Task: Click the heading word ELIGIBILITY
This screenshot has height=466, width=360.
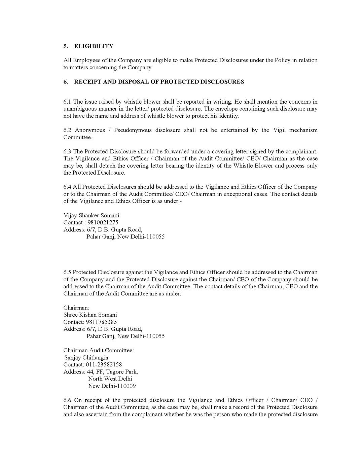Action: pos(94,46)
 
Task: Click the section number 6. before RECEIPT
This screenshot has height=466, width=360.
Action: pos(66,82)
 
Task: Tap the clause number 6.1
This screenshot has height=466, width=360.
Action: pos(67,102)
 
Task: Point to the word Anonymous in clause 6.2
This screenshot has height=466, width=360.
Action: pos(90,130)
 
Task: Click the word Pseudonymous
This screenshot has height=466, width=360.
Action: pos(133,130)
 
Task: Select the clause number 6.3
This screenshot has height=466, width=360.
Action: pos(67,151)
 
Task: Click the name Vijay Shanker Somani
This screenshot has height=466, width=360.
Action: pos(91,215)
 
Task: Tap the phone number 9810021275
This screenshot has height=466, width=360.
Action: pos(102,222)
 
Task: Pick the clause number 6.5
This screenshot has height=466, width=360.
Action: pos(67,272)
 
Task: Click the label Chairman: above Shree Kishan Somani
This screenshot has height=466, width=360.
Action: pos(76,308)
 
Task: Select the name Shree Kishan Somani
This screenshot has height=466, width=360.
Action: pos(90,315)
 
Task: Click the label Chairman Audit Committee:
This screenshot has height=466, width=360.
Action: pos(99,350)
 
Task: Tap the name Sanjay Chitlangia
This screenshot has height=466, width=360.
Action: pos(86,358)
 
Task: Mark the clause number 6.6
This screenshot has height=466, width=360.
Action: pos(67,400)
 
